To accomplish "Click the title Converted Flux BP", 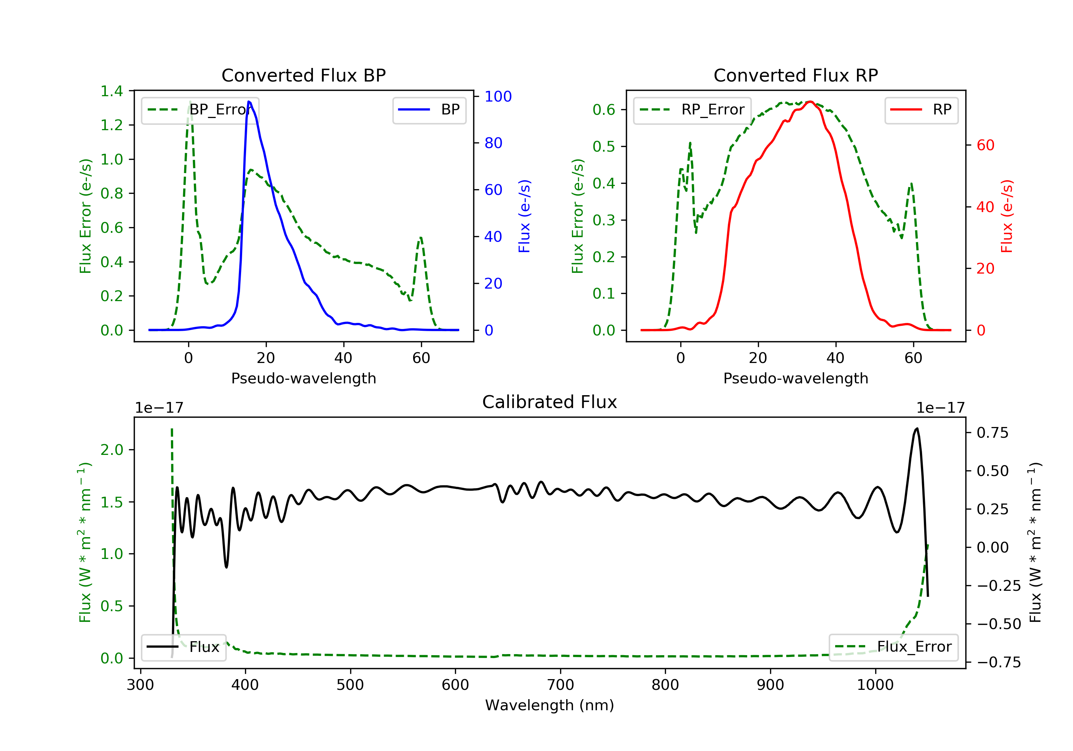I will [x=303, y=75].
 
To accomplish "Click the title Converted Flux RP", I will [x=795, y=75].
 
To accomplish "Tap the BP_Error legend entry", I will [x=200, y=110].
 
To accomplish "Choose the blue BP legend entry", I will [x=429, y=110].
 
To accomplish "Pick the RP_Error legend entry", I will [x=692, y=110].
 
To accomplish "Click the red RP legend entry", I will [x=921, y=110].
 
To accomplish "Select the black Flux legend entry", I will [x=184, y=647].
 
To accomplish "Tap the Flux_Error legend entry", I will [x=893, y=647].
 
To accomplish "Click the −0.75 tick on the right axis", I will [x=999, y=662].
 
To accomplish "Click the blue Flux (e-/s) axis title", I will [x=524, y=216].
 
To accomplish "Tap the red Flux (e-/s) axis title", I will [x=1006, y=216].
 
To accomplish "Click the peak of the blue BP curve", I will [x=249, y=102].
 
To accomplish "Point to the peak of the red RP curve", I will [x=810, y=102].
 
